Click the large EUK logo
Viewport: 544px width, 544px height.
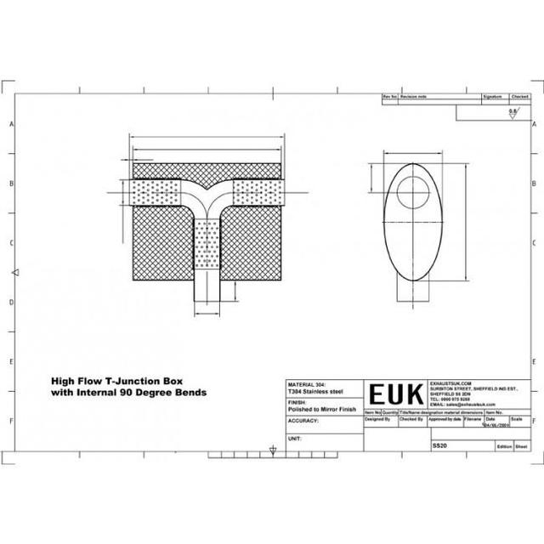tap(395, 395)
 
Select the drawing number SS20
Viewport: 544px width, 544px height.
tap(439, 444)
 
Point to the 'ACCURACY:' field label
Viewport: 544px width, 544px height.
tap(304, 420)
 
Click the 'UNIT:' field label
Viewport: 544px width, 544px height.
tap(296, 438)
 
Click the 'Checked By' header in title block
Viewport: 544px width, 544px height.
tap(411, 419)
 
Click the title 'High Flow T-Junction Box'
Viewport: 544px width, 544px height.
tap(128, 382)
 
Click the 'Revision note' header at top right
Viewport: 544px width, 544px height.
tap(416, 99)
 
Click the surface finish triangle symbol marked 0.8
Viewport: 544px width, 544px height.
tap(512, 116)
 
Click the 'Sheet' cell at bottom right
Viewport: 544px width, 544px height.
tap(522, 445)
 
